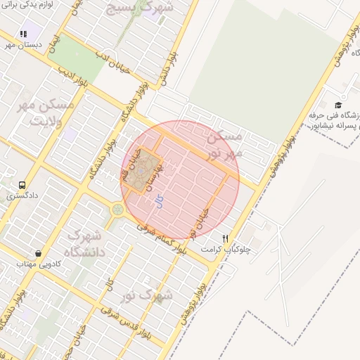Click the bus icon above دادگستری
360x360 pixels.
[22, 186]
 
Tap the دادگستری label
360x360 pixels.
[22, 196]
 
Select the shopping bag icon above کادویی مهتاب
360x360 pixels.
[37, 254]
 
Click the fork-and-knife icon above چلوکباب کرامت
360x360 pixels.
[225, 238]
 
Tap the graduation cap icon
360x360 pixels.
[337, 105]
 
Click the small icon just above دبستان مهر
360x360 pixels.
[23, 34]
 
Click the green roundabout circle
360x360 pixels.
[117, 210]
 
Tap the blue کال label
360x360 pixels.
[160, 202]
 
